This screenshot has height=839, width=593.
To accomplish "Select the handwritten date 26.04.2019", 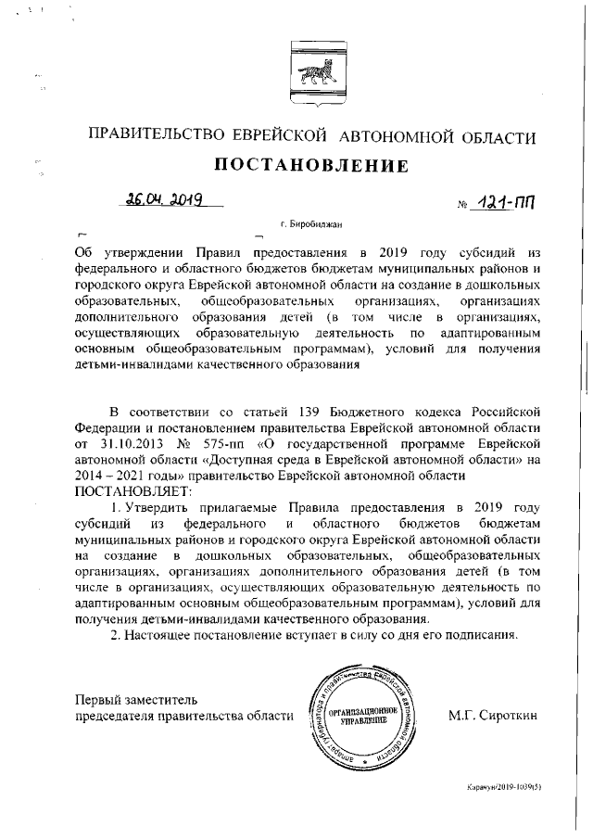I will [x=167, y=199].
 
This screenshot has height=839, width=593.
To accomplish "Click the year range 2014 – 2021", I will [x=117, y=476].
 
